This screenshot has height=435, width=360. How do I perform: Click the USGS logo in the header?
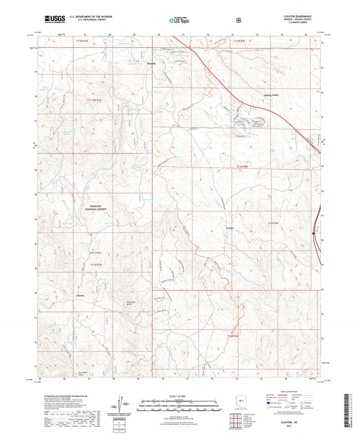coord(51,19)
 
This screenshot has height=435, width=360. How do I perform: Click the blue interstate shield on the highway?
coord(314,234)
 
